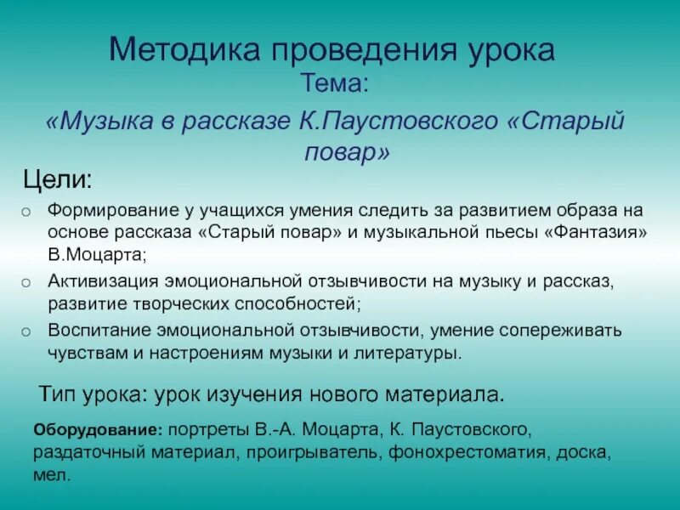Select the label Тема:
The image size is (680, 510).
coord(334,83)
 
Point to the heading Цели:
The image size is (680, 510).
coord(57,180)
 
